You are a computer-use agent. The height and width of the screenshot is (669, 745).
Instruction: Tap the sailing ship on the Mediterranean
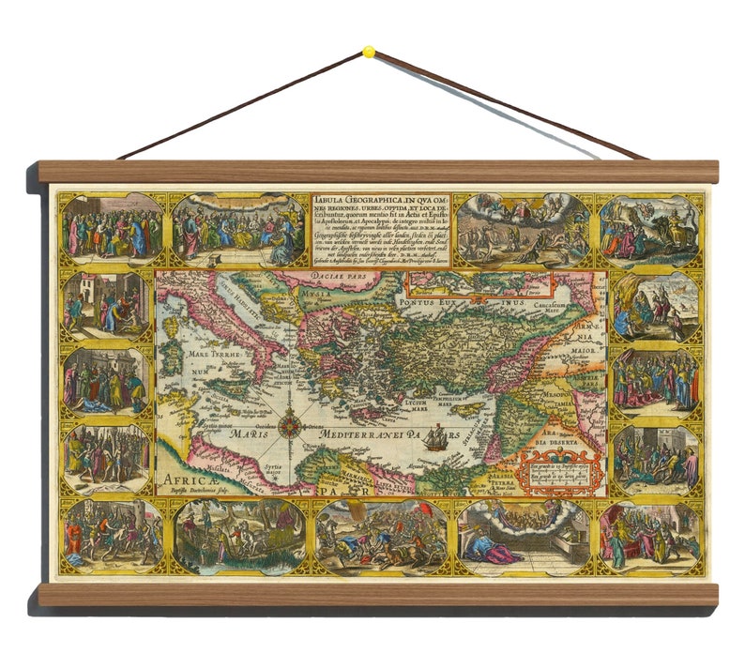(x=434, y=439)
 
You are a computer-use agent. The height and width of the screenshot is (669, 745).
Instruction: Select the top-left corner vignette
(x=105, y=229)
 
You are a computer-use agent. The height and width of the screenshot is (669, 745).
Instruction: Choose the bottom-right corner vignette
(x=649, y=537)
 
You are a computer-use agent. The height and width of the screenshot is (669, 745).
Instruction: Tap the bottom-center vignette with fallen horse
(x=381, y=538)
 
